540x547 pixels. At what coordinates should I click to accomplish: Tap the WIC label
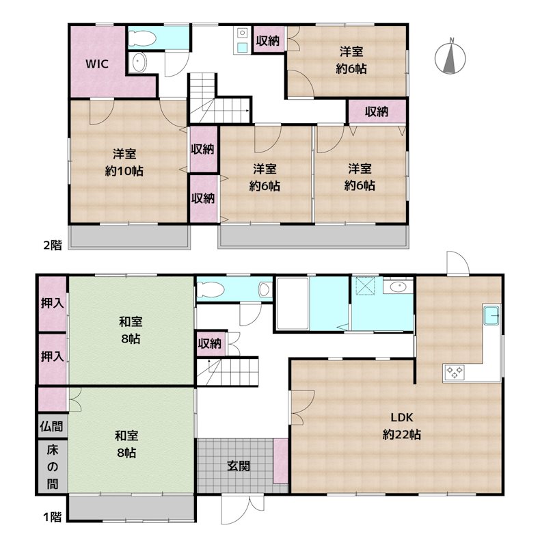97,64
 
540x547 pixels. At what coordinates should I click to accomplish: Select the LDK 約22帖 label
401,425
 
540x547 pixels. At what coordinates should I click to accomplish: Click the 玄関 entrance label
239,466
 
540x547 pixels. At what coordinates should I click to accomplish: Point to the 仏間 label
51,426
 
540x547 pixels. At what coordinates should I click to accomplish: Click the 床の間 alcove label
53,467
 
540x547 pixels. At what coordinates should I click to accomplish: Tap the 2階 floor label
53,245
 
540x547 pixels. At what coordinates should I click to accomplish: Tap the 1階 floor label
53,517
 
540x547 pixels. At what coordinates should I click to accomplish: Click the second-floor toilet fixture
141,38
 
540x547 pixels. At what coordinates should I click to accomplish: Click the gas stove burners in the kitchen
454,371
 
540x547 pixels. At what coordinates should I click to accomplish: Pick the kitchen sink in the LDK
492,315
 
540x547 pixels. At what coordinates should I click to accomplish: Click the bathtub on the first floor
293,303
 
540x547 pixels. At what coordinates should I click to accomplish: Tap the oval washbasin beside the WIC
139,63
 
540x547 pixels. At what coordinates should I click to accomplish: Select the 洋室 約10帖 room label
124,162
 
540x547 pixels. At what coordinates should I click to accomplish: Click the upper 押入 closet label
53,303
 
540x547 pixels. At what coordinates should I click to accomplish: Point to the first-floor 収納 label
210,344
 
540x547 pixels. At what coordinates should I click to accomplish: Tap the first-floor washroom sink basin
399,286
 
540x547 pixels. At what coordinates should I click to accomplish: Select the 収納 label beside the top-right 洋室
268,41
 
